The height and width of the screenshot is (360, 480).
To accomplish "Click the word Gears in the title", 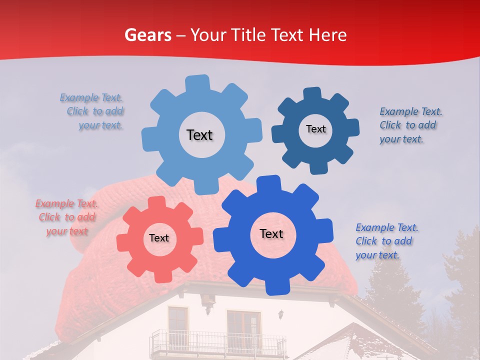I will point(148,35).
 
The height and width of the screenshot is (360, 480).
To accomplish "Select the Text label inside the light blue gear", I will point(199,135).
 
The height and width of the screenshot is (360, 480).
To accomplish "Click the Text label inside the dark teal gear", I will point(315,129).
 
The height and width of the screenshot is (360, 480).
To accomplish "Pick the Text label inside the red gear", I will point(159,238).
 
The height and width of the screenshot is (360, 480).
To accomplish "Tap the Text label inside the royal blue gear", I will point(271,233).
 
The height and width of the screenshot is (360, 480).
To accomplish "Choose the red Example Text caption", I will point(67,217).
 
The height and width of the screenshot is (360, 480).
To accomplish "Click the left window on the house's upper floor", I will point(177,323).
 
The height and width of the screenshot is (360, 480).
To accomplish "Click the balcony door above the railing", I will point(244,327).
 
